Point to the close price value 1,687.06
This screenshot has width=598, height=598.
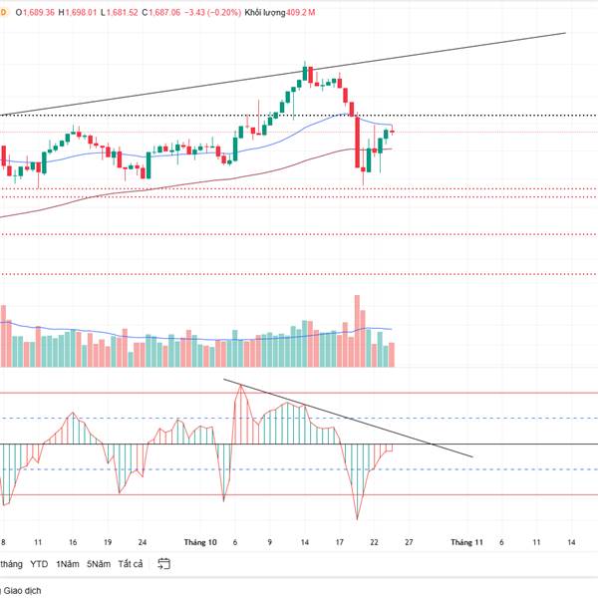[164, 12]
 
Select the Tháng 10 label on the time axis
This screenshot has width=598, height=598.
[200, 542]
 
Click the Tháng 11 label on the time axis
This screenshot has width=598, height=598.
[466, 542]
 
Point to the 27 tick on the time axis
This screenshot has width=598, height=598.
[410, 542]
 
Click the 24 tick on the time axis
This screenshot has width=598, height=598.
[143, 542]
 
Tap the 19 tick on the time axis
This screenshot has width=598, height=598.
[108, 542]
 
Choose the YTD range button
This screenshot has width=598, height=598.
[39, 564]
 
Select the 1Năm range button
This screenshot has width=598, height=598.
[68, 564]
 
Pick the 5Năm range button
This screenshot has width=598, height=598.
[98, 564]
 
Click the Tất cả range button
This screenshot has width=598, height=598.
[130, 564]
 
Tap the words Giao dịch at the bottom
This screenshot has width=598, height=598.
[22, 591]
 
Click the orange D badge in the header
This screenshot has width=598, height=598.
[2, 12]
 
